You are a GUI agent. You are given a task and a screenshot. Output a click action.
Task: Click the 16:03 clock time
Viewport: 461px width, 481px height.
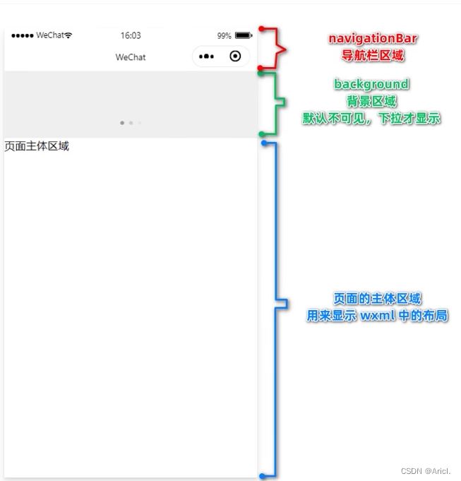pos(131,35)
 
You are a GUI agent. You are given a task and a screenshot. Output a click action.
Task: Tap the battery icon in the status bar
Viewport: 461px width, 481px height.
pos(244,35)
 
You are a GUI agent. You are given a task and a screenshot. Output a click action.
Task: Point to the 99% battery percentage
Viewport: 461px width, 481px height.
pos(224,36)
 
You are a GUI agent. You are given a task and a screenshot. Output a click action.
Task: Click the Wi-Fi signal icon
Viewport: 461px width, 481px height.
pos(68,35)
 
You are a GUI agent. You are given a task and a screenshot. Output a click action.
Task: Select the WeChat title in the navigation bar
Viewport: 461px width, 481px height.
pos(131,57)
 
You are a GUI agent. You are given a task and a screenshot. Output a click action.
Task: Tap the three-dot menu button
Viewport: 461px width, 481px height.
pos(206,57)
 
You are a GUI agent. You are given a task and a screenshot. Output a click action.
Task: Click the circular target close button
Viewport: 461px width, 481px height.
pos(235,56)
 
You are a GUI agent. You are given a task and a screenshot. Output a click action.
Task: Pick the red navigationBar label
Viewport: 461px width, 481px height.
pos(373,39)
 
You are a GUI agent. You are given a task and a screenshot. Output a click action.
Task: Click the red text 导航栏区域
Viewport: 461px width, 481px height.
pos(373,56)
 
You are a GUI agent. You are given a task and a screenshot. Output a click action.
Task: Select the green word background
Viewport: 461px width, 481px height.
pos(371,84)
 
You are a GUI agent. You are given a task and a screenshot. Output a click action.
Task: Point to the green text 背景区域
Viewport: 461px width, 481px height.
pos(371,101)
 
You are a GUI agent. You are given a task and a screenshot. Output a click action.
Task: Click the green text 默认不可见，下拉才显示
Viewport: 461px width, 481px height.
pos(371,119)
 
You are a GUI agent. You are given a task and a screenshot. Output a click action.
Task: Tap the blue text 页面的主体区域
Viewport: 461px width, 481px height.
pos(377,299)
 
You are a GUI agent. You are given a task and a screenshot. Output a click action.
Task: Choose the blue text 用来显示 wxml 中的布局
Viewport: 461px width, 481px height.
pos(377,315)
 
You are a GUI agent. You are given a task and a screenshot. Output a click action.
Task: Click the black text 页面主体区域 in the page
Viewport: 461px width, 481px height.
pos(37,146)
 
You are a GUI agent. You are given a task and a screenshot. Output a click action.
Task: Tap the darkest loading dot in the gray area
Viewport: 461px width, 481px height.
pos(122,123)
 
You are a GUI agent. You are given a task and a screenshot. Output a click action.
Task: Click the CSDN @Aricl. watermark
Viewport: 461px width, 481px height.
pos(426,471)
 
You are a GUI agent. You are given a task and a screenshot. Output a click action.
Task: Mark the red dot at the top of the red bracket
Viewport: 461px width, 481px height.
pos(261,29)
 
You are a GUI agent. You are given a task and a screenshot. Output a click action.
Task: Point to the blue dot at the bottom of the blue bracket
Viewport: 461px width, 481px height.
pos(262,476)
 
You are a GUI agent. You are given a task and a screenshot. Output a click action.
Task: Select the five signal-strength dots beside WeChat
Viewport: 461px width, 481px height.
pos(23,36)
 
